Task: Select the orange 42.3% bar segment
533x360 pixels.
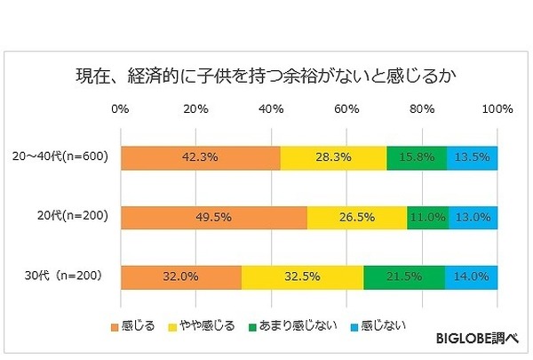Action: point(200,157)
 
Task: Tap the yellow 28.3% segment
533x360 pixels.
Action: point(333,157)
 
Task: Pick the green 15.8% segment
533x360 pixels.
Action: point(417,157)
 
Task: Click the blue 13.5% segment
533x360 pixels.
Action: point(472,157)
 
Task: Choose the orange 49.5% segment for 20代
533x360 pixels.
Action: point(213,218)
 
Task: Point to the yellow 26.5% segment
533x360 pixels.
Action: point(357,218)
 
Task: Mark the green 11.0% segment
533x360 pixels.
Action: point(427,218)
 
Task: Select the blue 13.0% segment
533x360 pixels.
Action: point(473,218)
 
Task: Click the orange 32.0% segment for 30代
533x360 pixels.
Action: point(180,276)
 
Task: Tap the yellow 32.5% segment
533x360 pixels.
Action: point(302,276)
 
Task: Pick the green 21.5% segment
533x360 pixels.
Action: point(404,276)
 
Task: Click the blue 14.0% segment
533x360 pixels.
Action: point(471,276)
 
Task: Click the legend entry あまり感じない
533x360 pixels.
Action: point(298,325)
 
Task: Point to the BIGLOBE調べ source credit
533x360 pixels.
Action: point(476,339)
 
